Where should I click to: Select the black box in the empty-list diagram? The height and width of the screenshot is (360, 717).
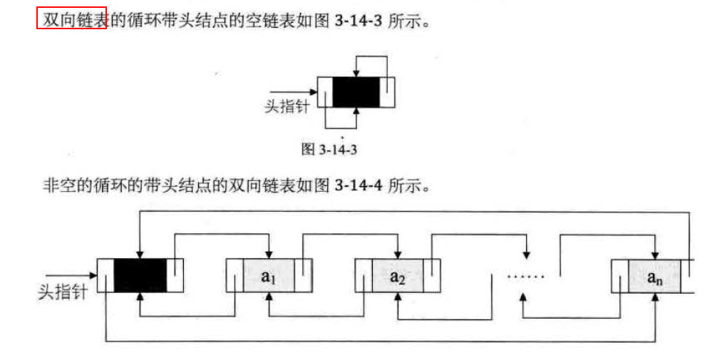[356, 91]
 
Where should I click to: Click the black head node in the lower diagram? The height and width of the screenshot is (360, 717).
[140, 275]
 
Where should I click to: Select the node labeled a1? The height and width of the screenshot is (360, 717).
[269, 275]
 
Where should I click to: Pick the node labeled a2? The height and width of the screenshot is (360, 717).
[397, 275]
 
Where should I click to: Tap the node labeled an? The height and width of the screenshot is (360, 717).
[654, 275]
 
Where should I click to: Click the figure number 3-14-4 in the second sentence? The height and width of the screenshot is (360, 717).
[358, 187]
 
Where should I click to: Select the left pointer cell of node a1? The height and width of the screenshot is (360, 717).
[234, 275]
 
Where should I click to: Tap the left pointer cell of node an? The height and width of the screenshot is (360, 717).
[619, 275]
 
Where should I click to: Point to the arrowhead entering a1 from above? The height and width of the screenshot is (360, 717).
[269, 254]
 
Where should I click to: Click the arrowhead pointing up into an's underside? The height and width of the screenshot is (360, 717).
[654, 297]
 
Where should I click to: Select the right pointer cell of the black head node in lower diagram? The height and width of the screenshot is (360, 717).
[175, 275]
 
